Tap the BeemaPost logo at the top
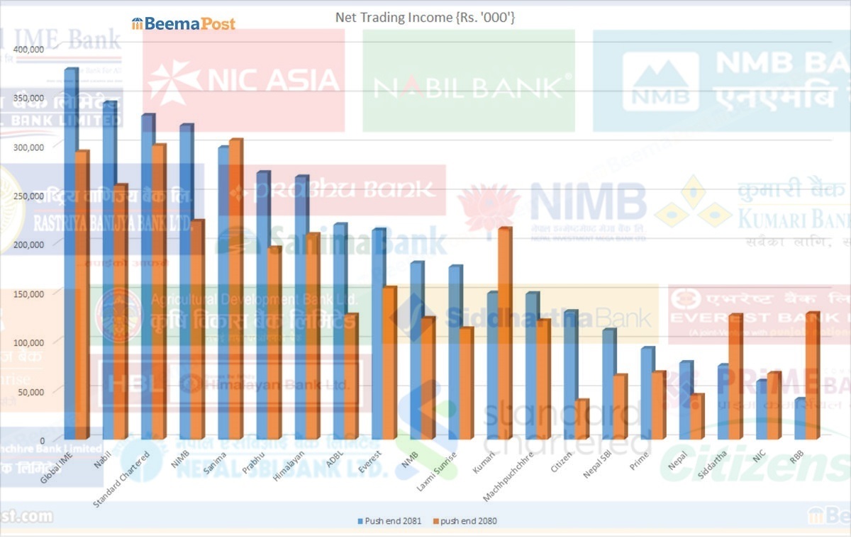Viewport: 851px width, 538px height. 183,23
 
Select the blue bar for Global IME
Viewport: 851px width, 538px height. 70,255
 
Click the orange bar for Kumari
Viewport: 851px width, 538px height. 505,333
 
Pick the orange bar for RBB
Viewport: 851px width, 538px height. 812,376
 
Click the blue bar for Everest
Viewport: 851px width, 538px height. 377,333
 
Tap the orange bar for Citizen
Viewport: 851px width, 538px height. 582,420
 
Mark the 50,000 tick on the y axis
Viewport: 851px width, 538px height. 31,391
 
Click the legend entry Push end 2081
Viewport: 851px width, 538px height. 393,521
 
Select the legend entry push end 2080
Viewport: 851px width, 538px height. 468,521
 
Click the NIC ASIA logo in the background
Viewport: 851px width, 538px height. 243,79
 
